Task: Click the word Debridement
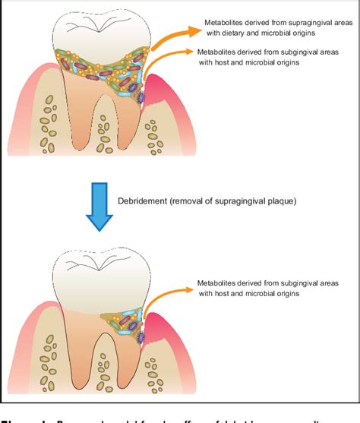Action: pyautogui.click(x=144, y=200)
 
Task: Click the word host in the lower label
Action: pyautogui.click(x=229, y=292)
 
